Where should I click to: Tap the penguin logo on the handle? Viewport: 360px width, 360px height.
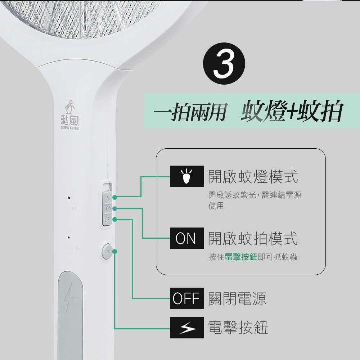[70, 107]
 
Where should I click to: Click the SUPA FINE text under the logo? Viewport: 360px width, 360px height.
[70, 128]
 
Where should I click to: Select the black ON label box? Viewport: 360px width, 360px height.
[187, 238]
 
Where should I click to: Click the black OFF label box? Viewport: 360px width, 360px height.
[187, 298]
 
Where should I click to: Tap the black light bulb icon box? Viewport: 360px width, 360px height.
[187, 176]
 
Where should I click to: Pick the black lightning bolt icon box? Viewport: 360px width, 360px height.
[187, 328]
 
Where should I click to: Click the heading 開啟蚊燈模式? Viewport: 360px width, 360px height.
[253, 177]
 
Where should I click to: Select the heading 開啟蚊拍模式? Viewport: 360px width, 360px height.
[253, 238]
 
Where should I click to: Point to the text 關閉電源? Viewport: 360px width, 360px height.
[238, 298]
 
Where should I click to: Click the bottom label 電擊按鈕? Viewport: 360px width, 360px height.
[238, 328]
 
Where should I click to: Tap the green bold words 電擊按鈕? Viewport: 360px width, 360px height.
[240, 257]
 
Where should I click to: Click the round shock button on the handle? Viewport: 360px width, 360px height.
[107, 251]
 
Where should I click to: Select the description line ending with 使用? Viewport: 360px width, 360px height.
[216, 206]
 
